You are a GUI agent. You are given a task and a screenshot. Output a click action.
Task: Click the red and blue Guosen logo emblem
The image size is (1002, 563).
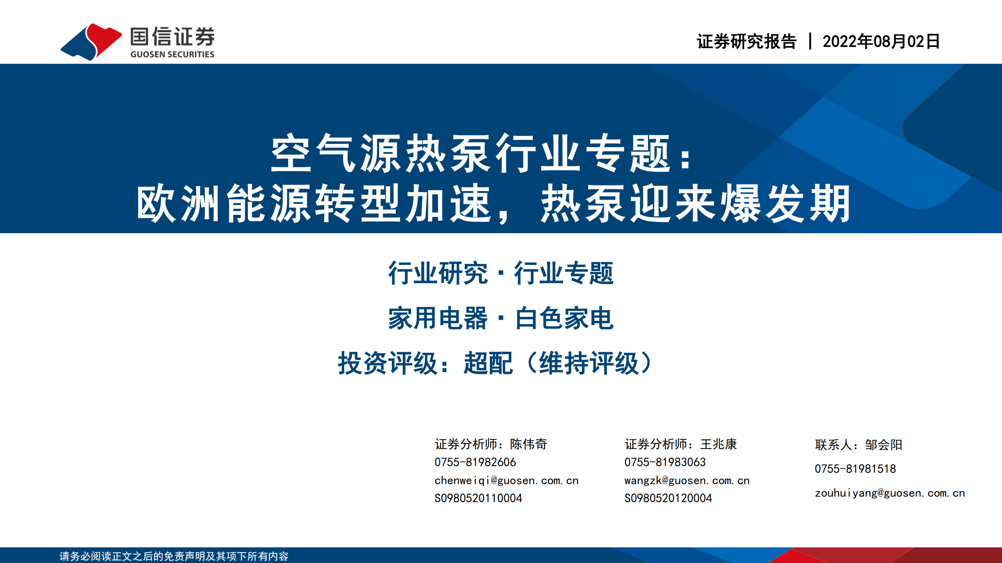tap(91, 41)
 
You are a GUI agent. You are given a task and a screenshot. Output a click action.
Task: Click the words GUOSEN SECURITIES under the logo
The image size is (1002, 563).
tap(172, 54)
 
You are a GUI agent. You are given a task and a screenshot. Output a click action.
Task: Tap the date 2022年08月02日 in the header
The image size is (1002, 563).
tap(881, 41)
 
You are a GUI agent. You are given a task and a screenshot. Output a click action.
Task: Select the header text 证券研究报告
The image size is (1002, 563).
tap(746, 41)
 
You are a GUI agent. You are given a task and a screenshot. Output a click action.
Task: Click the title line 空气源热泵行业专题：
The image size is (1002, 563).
tap(482, 153)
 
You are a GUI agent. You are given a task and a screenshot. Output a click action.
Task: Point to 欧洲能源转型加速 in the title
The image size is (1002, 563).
tap(314, 203)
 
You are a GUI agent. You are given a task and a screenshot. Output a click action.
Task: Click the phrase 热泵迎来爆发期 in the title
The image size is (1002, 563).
tap(695, 203)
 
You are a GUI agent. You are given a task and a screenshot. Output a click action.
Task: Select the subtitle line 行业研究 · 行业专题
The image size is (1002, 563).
tap(501, 273)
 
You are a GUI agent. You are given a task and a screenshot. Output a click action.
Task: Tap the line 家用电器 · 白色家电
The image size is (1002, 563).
tap(501, 318)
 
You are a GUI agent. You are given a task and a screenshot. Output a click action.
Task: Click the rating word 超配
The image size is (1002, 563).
tap(488, 363)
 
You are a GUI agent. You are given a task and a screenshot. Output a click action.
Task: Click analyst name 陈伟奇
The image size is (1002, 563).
tap(528, 444)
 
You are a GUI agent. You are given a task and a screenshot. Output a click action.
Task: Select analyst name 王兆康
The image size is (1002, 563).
tap(719, 444)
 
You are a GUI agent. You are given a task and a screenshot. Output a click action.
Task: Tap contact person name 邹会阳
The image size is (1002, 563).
tap(884, 445)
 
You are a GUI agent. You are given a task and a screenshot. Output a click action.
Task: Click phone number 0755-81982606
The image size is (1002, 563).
tap(475, 462)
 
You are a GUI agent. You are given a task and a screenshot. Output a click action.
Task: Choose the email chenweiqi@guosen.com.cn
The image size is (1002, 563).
tap(507, 480)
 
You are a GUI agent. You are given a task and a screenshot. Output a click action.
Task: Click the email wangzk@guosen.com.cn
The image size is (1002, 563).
tap(687, 480)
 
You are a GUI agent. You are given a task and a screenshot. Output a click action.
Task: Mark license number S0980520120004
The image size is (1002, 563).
tap(668, 498)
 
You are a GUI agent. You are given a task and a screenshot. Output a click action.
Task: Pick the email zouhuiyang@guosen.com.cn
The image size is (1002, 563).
tap(890, 493)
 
